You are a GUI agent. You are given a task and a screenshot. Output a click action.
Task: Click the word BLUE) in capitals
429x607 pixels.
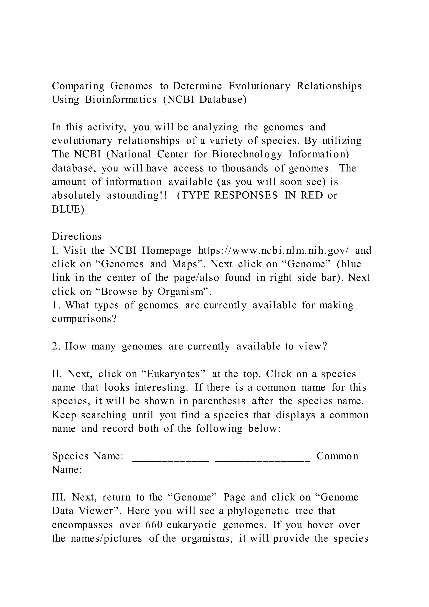pyautogui.click(x=68, y=209)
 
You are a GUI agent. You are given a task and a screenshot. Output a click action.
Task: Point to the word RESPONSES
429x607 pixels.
pyautogui.click(x=246, y=195)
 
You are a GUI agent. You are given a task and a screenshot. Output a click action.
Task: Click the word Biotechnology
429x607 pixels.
pyautogui.click(x=247, y=154)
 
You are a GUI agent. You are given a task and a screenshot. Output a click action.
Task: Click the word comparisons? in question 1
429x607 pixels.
pyautogui.click(x=84, y=319)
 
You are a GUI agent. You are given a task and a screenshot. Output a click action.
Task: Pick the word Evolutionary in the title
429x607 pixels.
pyautogui.click(x=259, y=86)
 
